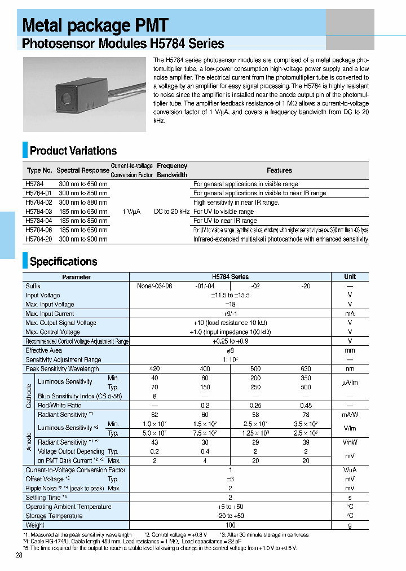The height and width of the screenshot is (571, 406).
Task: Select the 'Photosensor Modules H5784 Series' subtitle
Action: pos(123,44)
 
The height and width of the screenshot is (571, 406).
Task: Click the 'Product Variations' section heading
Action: pos(73,151)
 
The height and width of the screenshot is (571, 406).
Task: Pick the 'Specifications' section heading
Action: pos(63,262)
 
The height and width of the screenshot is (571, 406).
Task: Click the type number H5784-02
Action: pos(39,202)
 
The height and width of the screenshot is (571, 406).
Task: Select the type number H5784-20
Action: pos(39,239)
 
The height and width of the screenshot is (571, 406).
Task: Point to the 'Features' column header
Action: pos(279,170)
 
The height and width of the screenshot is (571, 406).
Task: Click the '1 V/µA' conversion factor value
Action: pos(131,212)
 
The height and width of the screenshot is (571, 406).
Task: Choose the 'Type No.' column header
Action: pos(39,170)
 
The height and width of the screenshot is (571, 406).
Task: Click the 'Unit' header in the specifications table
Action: pos(350,277)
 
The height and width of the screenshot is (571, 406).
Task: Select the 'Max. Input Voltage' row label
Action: pos(50,305)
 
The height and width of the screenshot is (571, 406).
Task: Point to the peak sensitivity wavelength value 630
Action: pos(306,369)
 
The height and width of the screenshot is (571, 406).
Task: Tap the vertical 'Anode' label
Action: pos(29,437)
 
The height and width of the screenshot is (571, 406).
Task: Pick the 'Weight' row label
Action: pos(35,525)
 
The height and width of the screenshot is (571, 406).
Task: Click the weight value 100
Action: pos(230,525)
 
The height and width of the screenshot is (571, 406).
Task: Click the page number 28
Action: pos(19,556)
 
